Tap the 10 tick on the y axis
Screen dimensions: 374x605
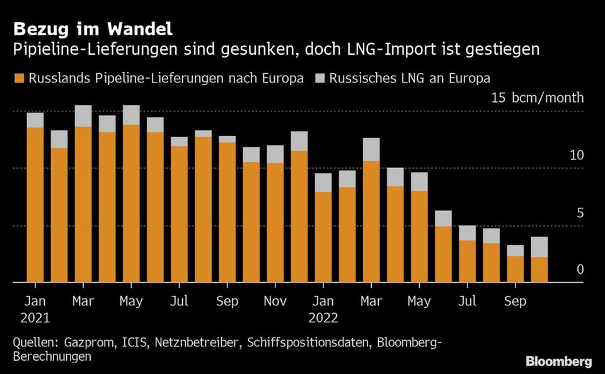[576, 156]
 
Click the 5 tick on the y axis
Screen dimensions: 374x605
[580, 213]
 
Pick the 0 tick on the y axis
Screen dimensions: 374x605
[580, 269]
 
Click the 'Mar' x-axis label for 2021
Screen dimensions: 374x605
[83, 302]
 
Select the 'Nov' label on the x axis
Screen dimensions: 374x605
[275, 302]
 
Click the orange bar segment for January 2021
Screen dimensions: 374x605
[35, 205]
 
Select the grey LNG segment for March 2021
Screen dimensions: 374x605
[83, 116]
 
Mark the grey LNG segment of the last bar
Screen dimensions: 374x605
[539, 247]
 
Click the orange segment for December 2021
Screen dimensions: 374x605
[299, 217]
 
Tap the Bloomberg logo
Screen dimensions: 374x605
[559, 361]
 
